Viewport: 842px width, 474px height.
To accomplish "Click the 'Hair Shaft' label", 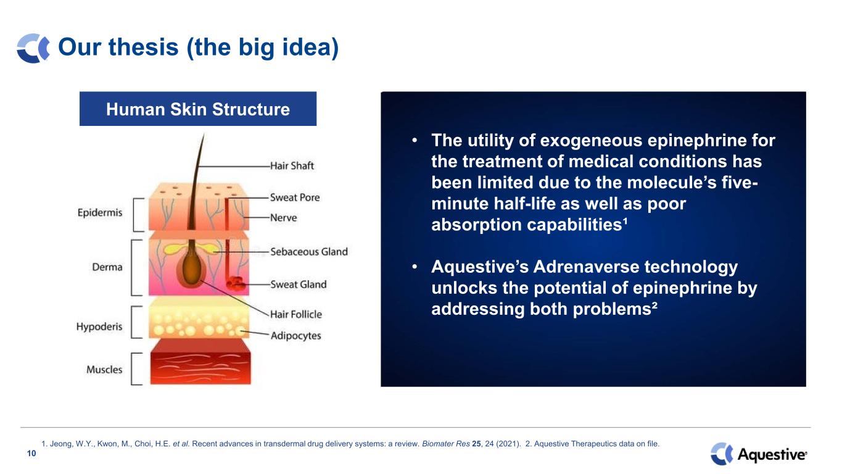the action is (292, 166).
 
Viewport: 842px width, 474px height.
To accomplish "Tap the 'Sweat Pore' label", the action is (295, 197).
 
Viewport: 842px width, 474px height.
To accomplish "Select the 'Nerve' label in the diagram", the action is (284, 218).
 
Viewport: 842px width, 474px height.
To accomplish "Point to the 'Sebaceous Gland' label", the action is (309, 252).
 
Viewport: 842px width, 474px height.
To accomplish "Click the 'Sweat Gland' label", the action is (299, 285).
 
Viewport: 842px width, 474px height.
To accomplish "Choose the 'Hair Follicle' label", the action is (296, 315).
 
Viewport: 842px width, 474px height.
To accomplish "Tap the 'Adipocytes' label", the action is (296, 336).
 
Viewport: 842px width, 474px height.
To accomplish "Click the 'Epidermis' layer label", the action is (100, 213).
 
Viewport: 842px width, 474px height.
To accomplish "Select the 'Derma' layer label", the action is (107, 267).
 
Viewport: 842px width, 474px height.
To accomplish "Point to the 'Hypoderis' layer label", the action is (99, 326).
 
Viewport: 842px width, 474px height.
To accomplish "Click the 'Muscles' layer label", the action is (104, 370).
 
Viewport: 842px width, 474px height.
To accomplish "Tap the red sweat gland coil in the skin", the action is (236, 284).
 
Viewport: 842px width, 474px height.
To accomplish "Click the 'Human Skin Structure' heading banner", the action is (198, 109).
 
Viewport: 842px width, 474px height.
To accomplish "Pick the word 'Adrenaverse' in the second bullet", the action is (586, 267).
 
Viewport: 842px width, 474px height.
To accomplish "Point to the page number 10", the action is (31, 453).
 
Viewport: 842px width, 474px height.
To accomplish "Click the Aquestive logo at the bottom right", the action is (759, 454).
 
